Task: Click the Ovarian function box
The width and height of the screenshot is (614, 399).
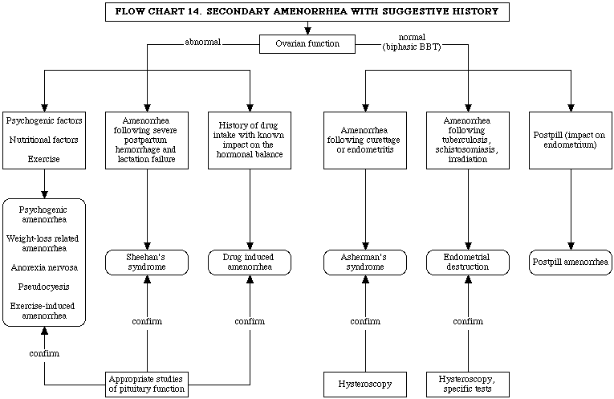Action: tap(307, 44)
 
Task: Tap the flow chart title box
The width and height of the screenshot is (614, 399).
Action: tap(307, 12)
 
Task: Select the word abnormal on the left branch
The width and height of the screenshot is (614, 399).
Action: tap(203, 42)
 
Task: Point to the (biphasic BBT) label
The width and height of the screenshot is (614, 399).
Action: tap(412, 47)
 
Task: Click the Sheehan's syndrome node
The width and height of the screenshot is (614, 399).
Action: tap(147, 263)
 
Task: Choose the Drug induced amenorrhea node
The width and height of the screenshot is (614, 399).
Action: tap(250, 263)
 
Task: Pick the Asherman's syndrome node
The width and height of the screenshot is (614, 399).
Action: tap(365, 263)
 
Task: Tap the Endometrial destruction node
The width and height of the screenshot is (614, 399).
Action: tap(468, 263)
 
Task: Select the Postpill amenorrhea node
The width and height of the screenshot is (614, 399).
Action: tap(571, 263)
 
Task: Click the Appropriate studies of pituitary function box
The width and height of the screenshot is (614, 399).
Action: tap(147, 385)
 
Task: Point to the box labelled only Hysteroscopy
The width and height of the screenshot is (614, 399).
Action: tap(365, 385)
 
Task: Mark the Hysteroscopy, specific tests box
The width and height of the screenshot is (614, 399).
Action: tap(468, 385)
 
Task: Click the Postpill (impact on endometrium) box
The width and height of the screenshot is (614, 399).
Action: tap(571, 140)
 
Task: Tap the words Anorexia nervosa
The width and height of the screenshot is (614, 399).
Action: tap(44, 268)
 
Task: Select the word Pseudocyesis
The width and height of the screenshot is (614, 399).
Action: tap(44, 287)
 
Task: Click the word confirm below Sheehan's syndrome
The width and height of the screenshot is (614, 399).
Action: tap(147, 321)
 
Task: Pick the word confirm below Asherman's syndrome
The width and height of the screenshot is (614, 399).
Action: tap(365, 321)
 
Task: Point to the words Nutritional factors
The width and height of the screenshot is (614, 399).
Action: tap(44, 140)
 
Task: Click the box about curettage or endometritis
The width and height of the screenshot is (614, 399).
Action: tap(365, 140)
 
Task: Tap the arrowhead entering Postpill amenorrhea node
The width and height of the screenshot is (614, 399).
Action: tap(571, 246)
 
